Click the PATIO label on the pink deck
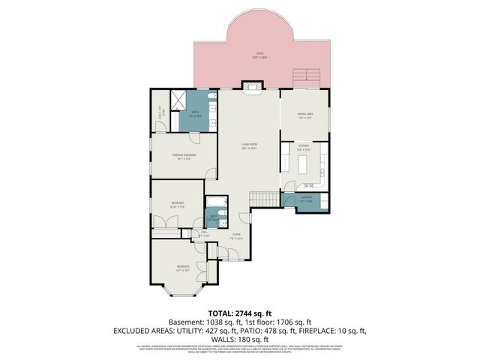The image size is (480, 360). (x=259, y=54)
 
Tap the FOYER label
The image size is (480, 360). (x=236, y=235)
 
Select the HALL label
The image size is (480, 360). (x=204, y=233)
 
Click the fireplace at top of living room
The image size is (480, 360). (x=249, y=86)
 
